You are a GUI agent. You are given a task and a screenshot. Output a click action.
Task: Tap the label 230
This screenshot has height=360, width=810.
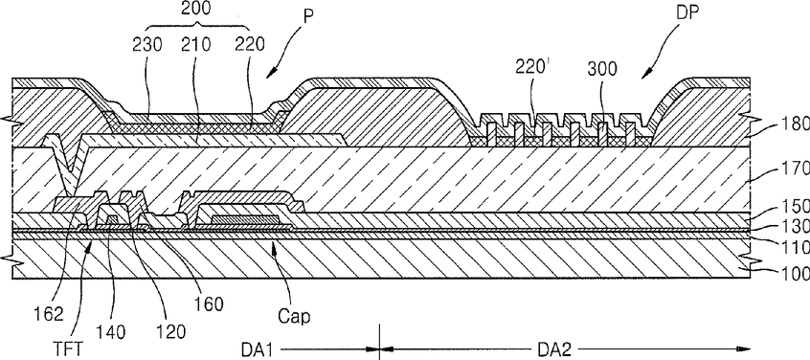coord(146,45)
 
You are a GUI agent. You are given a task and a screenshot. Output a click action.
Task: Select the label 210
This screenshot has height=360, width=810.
coord(197,45)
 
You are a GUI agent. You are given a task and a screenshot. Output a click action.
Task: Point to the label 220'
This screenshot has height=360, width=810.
coord(531,67)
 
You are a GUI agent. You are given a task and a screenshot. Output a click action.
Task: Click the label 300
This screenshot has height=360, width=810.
coord(602,69)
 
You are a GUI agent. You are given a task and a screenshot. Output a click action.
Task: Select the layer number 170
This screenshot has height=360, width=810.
coord(795,168)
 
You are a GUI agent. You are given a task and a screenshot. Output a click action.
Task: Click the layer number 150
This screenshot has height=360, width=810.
coord(795,206)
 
